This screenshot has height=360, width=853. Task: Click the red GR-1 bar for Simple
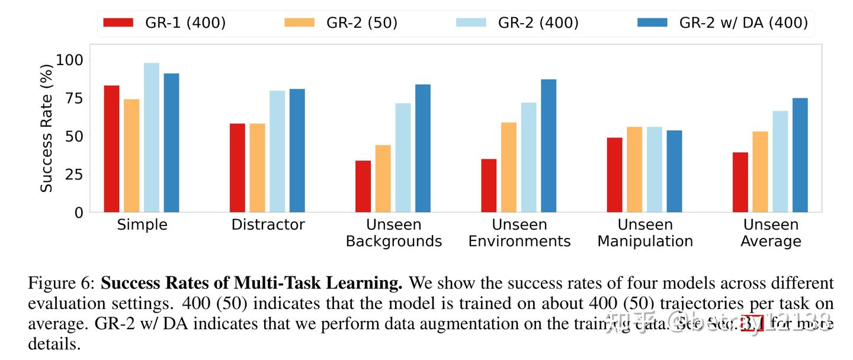pos(111,149)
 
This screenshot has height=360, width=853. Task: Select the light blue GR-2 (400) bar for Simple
pos(152,137)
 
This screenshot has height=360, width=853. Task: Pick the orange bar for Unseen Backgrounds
pos(383,178)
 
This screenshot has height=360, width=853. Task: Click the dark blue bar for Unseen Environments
pos(549,146)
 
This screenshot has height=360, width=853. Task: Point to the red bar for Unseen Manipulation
pos(614,175)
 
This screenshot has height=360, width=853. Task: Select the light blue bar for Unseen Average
pos(780,161)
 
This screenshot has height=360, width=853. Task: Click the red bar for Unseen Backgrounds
pos(363,186)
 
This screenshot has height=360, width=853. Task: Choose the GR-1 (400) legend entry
pos(164,22)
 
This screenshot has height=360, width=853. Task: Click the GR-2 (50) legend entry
pos(341,22)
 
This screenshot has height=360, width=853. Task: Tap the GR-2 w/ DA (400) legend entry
pos(722,22)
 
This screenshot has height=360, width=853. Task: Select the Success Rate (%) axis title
pos(46,128)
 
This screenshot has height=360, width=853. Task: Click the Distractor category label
pos(268,225)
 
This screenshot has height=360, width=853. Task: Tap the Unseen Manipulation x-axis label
pos(645,233)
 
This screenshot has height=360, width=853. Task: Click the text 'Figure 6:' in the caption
pos(62,283)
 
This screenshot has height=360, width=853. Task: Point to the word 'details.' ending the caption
pos(54,344)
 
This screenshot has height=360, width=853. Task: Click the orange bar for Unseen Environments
pos(508,167)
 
